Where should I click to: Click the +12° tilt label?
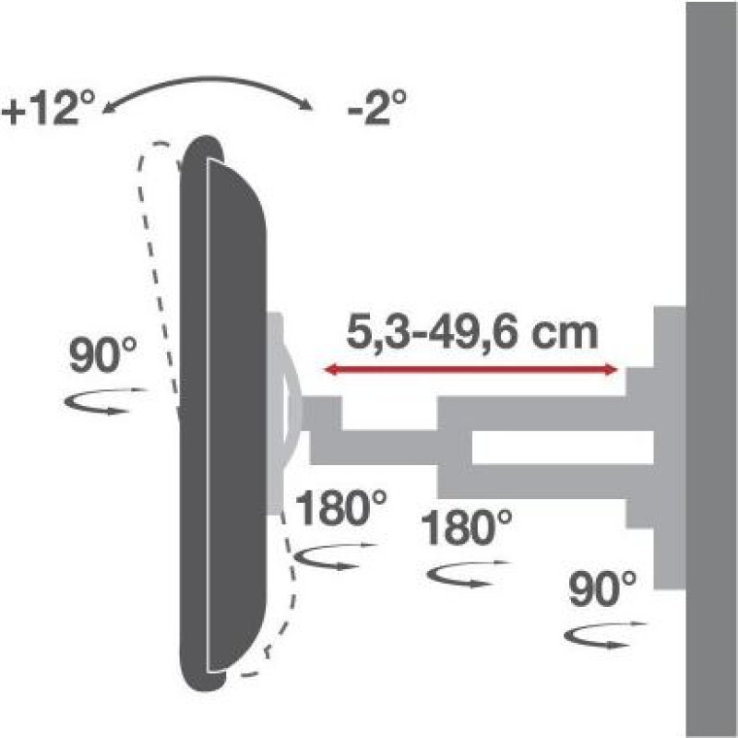pyautogui.click(x=49, y=108)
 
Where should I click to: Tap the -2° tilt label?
pyautogui.click(x=376, y=108)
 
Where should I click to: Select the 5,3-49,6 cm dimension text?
pyautogui.click(x=471, y=333)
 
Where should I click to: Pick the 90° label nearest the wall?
pyautogui.click(x=602, y=589)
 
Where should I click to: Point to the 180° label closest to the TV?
pyautogui.click(x=340, y=508)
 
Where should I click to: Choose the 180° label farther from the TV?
pyautogui.click(x=466, y=528)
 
